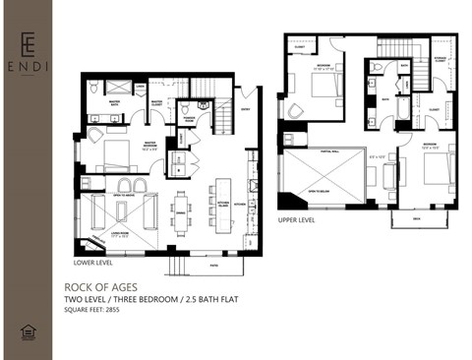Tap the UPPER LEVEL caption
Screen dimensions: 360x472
click(296, 219)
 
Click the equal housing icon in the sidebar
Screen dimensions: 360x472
click(27, 332)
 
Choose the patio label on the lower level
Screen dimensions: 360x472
click(212, 264)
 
